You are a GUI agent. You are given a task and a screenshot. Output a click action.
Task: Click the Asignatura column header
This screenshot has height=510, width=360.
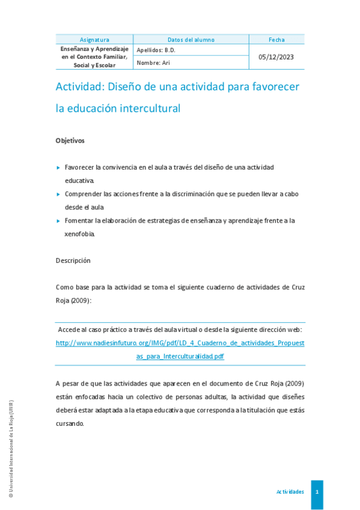pyautogui.click(x=94, y=40)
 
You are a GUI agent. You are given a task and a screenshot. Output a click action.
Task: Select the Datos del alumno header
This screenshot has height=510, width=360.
pyautogui.click(x=191, y=40)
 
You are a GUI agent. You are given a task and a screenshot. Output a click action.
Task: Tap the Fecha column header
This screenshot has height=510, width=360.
pyautogui.click(x=276, y=40)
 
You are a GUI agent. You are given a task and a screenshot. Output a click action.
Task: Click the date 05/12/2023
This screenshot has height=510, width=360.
pyautogui.click(x=276, y=57)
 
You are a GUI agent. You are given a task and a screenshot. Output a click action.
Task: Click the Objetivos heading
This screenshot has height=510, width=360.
pyautogui.click(x=70, y=141)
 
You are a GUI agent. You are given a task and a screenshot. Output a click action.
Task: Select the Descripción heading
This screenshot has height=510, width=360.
pyautogui.click(x=73, y=260)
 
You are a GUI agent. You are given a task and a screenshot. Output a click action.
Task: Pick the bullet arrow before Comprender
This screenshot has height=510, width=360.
pyautogui.click(x=58, y=194)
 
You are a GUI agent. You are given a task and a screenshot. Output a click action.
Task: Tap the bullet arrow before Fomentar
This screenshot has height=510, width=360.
pyautogui.click(x=58, y=221)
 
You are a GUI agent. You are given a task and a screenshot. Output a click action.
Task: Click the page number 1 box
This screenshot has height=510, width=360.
pyautogui.click(x=317, y=492)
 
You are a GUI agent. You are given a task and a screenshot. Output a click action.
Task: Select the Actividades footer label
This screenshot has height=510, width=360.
pyautogui.click(x=290, y=492)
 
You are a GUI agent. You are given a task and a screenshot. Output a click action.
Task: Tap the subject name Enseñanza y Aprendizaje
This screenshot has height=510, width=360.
pyautogui.click(x=94, y=48)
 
